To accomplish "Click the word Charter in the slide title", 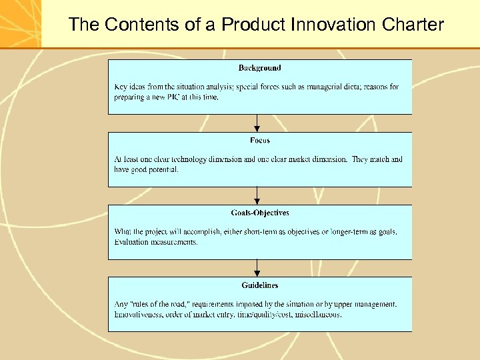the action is (x=413, y=25).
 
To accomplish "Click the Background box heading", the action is (x=259, y=68).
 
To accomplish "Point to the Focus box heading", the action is (x=259, y=141).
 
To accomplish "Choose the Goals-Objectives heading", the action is (x=260, y=213).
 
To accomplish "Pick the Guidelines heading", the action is (x=260, y=286).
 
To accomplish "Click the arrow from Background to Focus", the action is (x=257, y=123).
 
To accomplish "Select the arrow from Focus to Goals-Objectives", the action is (x=257, y=196).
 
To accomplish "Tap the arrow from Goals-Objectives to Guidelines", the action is (x=257, y=269).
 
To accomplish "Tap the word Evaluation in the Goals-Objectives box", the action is (x=133, y=243).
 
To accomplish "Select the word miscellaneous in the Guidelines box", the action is (x=317, y=315).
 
